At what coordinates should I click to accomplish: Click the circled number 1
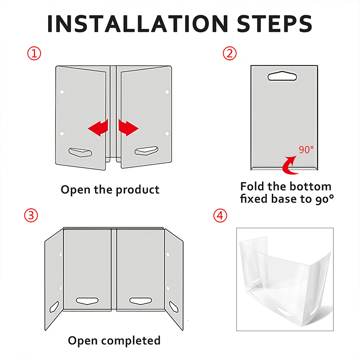tap(34, 54)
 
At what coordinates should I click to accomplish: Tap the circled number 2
tap(229, 54)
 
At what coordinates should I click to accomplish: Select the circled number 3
tap(31, 216)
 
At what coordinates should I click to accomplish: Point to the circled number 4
tap(220, 216)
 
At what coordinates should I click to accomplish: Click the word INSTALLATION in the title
tap(138, 24)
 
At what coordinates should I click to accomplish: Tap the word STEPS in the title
tap(274, 24)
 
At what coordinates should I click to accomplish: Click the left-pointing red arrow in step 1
tap(98, 128)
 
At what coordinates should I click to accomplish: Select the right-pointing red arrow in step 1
tap(129, 128)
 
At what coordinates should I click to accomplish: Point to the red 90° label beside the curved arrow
tap(306, 150)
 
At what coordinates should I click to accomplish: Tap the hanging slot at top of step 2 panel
tap(282, 76)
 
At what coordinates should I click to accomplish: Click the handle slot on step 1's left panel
tap(81, 152)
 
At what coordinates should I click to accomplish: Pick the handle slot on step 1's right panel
tap(147, 151)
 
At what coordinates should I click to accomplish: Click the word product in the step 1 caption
tap(138, 190)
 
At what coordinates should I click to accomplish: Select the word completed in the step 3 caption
tap(130, 341)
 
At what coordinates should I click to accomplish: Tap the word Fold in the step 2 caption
tap(252, 186)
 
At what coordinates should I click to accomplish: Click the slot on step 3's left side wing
tap(54, 307)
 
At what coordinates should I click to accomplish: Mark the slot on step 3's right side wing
tap(174, 307)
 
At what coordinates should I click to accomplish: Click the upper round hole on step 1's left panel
tap(62, 92)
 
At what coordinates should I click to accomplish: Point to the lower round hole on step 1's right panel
tap(167, 134)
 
